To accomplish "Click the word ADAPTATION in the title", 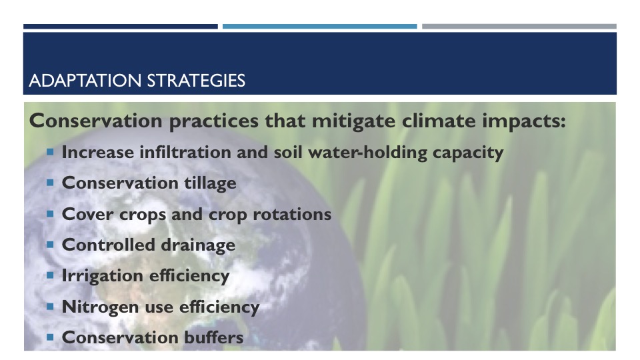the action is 85,81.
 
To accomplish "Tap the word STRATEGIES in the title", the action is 196,81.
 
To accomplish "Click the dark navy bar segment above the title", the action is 121,27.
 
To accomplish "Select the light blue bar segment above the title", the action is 319,27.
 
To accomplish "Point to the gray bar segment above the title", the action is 519,27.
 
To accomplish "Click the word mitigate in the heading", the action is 353,121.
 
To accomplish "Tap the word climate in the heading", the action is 439,121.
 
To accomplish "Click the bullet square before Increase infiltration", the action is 50,152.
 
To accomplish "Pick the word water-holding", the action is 367,153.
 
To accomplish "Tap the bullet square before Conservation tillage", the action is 50,183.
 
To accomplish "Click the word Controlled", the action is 108,245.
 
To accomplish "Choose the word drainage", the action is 198,246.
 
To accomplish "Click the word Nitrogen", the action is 100,307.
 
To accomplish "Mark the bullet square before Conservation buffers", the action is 50,337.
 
